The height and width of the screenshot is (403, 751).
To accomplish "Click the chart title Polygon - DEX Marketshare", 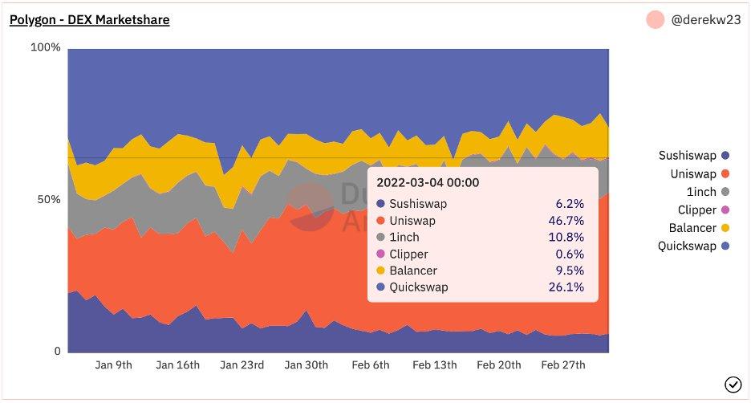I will pos(89,20).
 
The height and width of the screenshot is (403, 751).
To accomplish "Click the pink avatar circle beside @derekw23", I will pos(656,21).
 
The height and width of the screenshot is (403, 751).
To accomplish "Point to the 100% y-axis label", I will pos(46,48).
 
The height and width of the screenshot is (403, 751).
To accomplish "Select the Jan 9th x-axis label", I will pos(113,364).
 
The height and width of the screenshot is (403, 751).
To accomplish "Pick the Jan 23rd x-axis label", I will pos(242,364).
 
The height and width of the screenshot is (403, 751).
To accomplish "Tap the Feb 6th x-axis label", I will pos(371,364).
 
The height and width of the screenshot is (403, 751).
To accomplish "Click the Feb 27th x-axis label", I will pos(562,364).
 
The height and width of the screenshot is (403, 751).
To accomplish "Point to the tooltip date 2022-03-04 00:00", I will pos(428,182).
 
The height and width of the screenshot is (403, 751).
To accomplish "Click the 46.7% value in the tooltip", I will pos(567,221).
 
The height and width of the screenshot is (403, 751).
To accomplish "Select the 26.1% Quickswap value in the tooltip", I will pos(567,287).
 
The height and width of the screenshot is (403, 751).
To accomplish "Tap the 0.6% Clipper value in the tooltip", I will pos(570,254).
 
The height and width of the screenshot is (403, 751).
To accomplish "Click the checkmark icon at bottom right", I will pos(733,385).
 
